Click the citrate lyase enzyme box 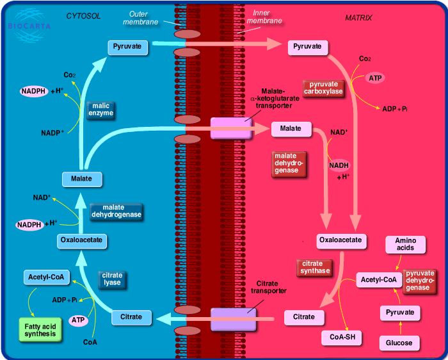112,279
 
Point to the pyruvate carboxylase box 323,88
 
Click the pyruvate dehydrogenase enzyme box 420,280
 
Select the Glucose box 399,343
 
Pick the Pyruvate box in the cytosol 127,47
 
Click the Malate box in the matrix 291,129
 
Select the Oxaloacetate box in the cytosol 80,241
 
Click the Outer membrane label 143,18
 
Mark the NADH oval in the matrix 339,165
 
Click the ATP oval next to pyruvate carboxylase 375,78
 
